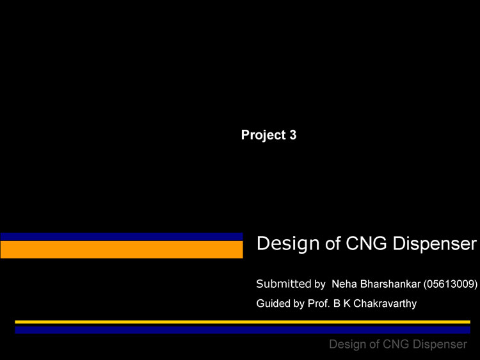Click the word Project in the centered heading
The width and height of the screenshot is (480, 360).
263,135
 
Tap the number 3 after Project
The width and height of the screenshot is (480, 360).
293,135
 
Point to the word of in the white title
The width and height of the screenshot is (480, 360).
333,243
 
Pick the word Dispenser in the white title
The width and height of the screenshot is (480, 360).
435,244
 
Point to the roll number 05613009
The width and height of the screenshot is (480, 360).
451,285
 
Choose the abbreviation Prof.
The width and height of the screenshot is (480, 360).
319,304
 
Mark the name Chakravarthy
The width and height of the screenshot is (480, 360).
385,304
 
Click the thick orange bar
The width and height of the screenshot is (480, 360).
122,249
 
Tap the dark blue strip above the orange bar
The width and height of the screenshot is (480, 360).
122,237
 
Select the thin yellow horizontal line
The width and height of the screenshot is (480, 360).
243,322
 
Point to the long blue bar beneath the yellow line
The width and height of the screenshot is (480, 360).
243,330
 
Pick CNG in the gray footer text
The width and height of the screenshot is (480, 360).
396,344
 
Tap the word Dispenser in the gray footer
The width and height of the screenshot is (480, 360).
440,345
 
